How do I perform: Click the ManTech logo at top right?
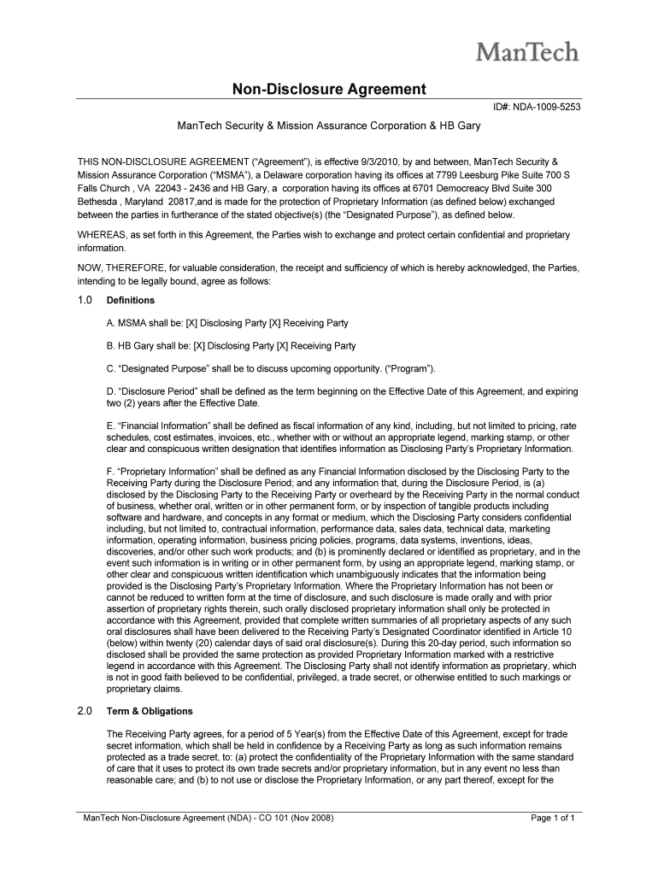(x=526, y=53)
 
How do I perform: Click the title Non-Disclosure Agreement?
(x=330, y=88)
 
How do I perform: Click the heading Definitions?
(x=130, y=301)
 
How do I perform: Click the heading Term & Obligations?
(x=150, y=711)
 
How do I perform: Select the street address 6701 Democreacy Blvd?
(x=462, y=187)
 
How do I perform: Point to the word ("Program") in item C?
(x=411, y=368)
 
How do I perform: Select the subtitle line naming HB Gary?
(x=329, y=126)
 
